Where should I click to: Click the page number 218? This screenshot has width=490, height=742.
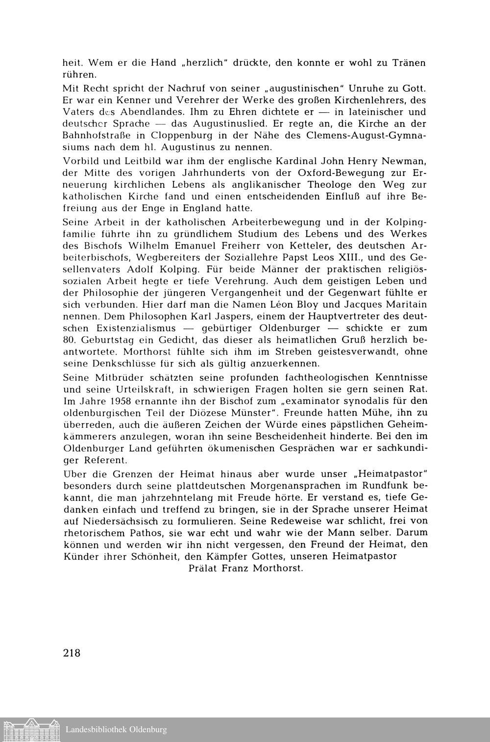tap(72, 653)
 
